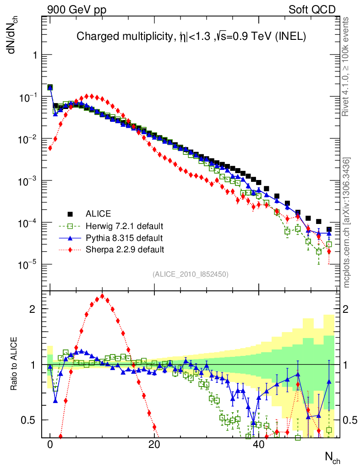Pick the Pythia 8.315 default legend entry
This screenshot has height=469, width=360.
[x=124, y=238]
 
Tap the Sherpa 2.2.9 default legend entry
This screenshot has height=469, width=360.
[x=125, y=250]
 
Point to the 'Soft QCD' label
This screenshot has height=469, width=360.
[x=312, y=9]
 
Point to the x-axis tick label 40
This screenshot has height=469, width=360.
[x=258, y=445]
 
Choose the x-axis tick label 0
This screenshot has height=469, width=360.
[x=50, y=445]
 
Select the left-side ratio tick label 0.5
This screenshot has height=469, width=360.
[x=28, y=420]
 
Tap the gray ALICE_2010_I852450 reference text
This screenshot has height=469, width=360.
[x=191, y=274]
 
